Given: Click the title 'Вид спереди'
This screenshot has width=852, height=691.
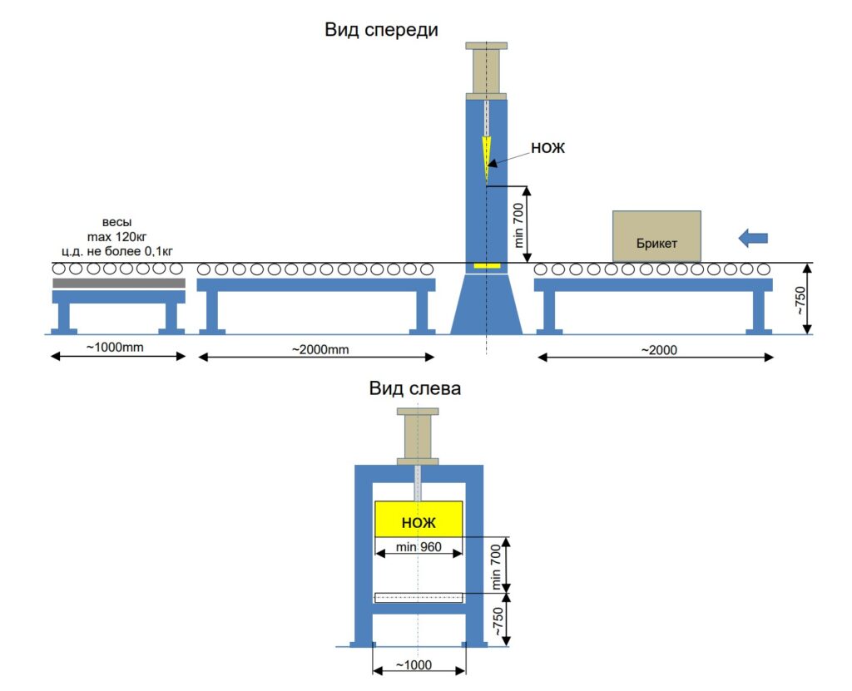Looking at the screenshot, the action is click(381, 29).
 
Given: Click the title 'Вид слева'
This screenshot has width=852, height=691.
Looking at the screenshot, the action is click(414, 388).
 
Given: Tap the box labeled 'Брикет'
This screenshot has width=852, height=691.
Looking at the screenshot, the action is click(656, 236).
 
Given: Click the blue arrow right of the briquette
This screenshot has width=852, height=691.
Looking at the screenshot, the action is click(753, 237).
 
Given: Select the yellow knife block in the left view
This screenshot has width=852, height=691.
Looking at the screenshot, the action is click(419, 520).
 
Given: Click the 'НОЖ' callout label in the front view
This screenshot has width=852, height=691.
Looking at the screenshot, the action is click(547, 148).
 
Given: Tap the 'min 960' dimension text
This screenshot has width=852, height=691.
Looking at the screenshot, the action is click(419, 546).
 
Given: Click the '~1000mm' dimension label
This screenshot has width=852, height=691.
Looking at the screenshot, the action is click(115, 347).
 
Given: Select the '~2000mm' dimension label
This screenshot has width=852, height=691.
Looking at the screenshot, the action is click(320, 349).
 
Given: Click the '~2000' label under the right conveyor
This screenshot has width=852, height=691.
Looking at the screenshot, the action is click(659, 350).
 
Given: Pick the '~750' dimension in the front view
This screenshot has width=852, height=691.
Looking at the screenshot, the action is click(800, 300).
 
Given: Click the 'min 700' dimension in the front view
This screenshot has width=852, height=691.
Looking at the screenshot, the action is click(519, 225).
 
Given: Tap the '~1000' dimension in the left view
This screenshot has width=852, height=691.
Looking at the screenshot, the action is click(414, 665).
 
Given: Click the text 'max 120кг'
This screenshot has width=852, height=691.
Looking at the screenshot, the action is click(116, 237).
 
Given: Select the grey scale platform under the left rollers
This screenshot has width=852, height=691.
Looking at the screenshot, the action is click(119, 283).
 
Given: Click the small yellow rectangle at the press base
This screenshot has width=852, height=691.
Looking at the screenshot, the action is click(487, 265).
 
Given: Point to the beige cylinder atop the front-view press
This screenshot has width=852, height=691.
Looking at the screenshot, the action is click(486, 72).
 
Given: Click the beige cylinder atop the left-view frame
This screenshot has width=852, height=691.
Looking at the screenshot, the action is click(418, 437).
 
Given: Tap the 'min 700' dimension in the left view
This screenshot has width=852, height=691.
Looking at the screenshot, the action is click(496, 566).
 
